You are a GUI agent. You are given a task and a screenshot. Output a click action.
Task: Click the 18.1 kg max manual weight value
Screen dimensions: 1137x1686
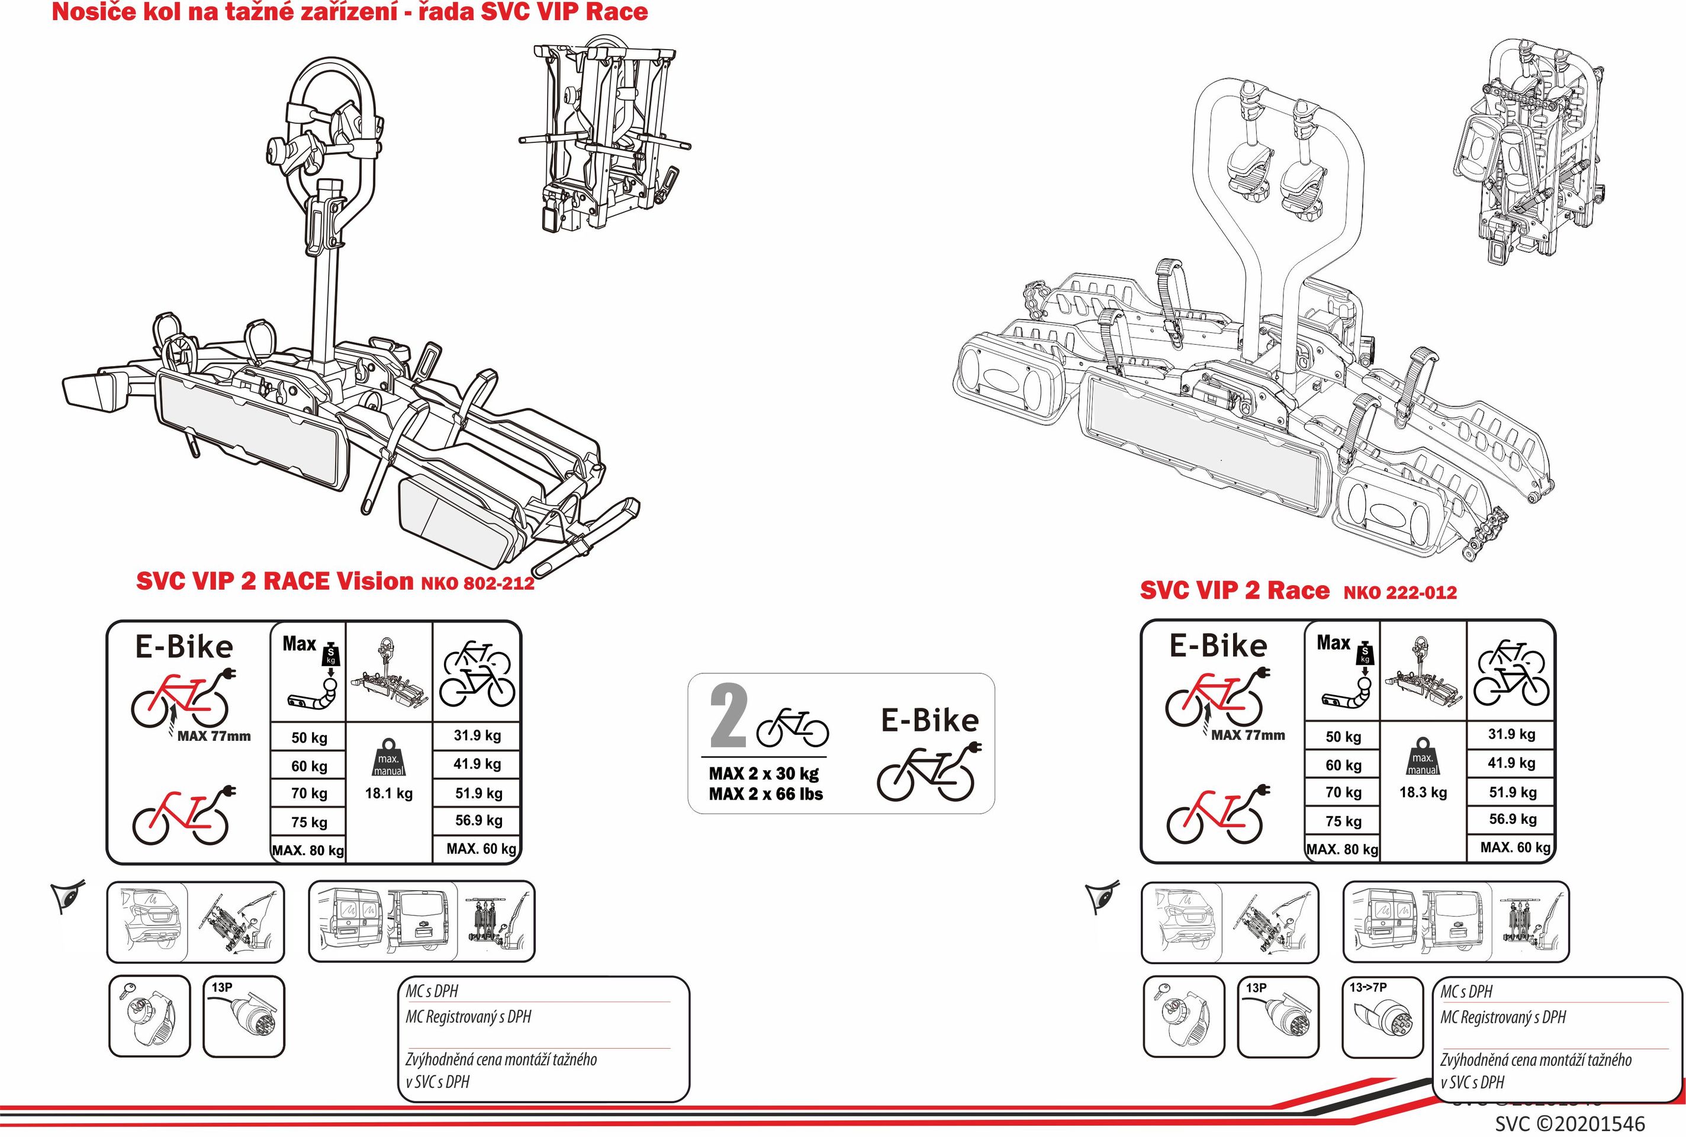[388, 794]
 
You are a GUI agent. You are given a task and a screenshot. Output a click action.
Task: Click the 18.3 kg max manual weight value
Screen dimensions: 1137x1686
[1423, 792]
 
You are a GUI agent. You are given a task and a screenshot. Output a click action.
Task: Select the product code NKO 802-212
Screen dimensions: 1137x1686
[478, 584]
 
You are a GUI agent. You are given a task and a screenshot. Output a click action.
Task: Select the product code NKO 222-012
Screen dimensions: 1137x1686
[1399, 592]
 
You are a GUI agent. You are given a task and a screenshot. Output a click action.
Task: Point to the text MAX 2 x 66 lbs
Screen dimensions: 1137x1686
[765, 794]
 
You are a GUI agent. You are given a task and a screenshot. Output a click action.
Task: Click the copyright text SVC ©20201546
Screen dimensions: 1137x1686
[1570, 1124]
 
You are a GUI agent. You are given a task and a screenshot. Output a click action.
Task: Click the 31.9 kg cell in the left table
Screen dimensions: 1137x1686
[477, 735]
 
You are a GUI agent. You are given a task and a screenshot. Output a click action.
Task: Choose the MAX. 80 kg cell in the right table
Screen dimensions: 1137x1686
[1341, 849]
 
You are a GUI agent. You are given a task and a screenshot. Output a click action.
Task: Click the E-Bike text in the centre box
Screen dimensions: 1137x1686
[929, 721]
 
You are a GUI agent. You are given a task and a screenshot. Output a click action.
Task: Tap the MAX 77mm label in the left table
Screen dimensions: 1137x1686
[214, 737]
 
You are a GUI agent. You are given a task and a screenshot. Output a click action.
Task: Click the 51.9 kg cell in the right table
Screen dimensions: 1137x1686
[1512, 792]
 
